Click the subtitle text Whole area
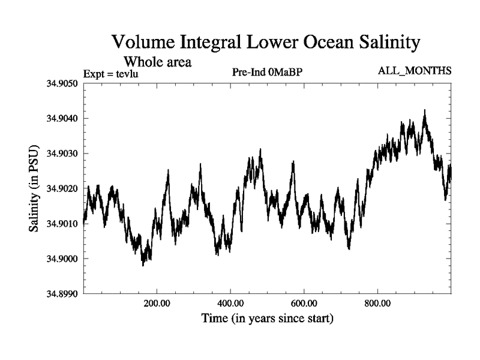point(157,61)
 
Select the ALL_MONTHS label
point(414,71)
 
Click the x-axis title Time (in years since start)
point(266,319)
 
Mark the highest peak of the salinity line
point(425,110)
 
